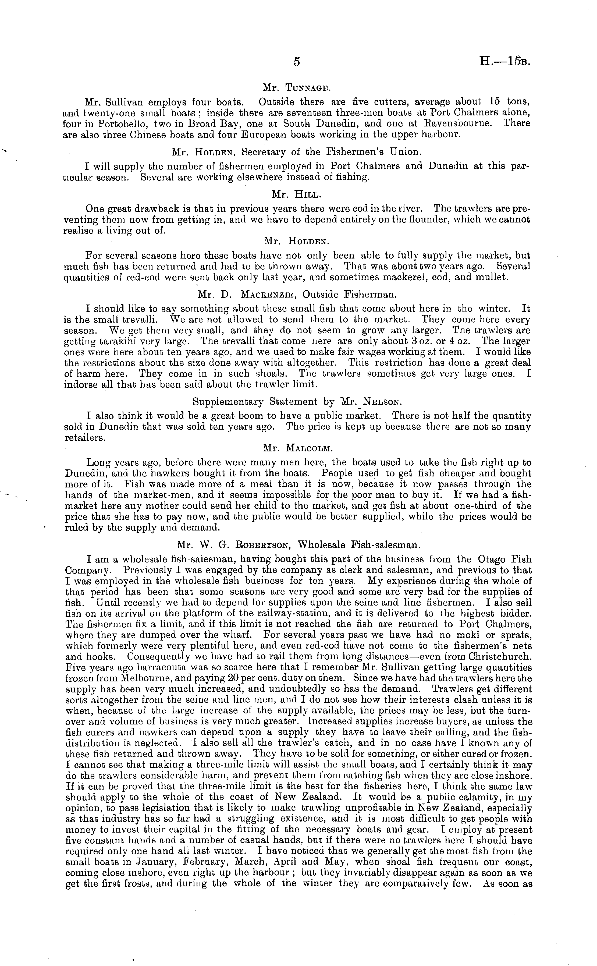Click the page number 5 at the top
click(x=297, y=62)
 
